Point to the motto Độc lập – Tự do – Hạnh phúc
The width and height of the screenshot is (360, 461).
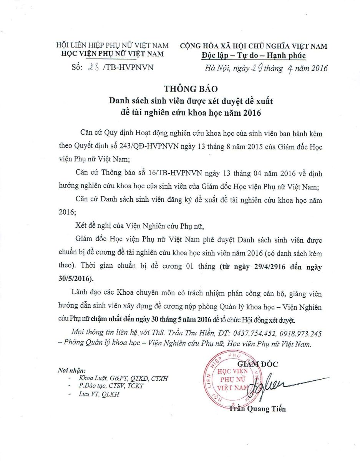pyautogui.click(x=254, y=56)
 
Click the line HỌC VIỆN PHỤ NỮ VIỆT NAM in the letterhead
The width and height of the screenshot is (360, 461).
pyautogui.click(x=113, y=54)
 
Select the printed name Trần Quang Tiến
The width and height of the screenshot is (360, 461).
pyautogui.click(x=257, y=409)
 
